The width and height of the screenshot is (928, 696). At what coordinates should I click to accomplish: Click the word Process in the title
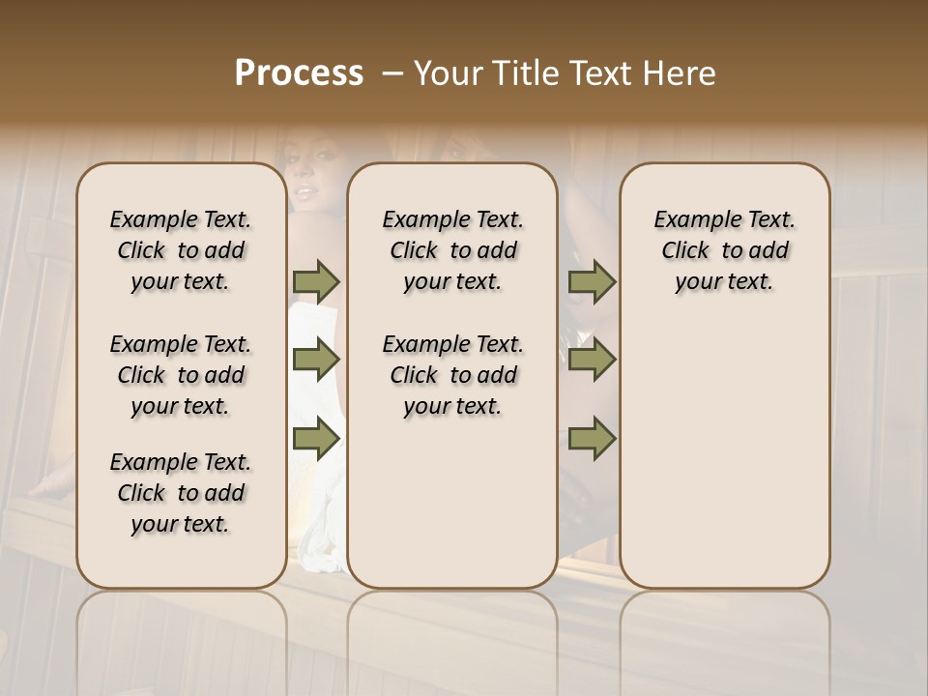tap(299, 73)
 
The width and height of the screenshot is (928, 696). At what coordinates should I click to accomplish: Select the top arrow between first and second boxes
tap(316, 281)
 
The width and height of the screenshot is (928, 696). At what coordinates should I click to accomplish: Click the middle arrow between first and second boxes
tap(316, 361)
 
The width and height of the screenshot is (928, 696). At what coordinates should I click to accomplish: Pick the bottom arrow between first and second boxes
tap(316, 438)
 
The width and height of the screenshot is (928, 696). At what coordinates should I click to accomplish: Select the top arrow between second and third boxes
tap(592, 281)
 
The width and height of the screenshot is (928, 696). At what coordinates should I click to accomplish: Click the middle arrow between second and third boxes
tap(592, 361)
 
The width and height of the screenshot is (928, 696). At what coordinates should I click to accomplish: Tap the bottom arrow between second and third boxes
tap(592, 438)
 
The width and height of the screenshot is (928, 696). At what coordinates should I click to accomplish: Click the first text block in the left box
tap(181, 250)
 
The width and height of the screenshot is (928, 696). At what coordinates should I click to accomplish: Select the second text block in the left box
tap(181, 375)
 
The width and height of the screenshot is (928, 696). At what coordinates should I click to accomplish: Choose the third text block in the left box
tap(181, 493)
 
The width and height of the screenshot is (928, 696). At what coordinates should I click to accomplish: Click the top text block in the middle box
tap(452, 250)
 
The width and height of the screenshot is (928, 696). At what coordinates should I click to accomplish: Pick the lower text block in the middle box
tap(452, 375)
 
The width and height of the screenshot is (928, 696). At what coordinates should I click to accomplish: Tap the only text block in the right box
tap(725, 250)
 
